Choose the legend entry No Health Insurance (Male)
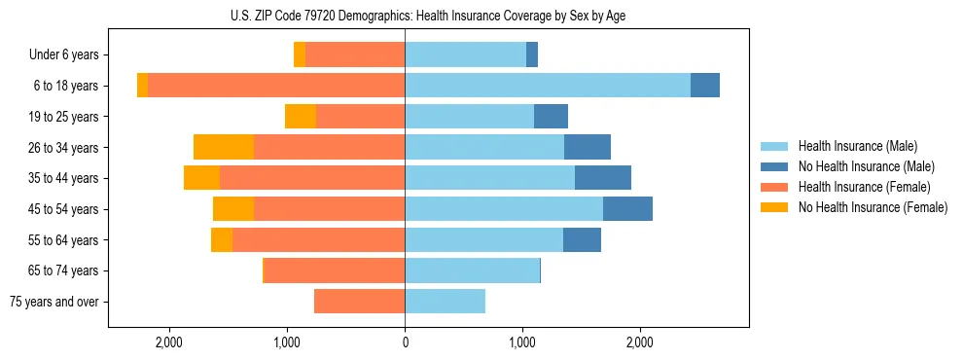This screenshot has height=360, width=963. click(x=866, y=166)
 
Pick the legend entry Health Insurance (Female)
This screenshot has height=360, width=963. click(x=864, y=187)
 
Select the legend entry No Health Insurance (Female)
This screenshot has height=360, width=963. click(x=873, y=207)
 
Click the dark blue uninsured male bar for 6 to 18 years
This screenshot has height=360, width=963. click(x=705, y=86)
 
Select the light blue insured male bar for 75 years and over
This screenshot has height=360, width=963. click(x=445, y=302)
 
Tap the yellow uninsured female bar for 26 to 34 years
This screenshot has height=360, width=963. click(x=224, y=147)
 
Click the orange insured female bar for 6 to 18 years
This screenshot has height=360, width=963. click(x=276, y=86)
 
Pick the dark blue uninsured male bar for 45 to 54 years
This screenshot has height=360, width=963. click(x=627, y=209)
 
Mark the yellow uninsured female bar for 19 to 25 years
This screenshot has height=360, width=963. click(x=301, y=117)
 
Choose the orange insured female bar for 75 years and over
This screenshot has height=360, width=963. click(x=359, y=302)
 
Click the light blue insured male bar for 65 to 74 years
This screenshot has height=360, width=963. click(x=472, y=270)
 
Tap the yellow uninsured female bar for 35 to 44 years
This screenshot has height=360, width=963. click(x=201, y=178)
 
